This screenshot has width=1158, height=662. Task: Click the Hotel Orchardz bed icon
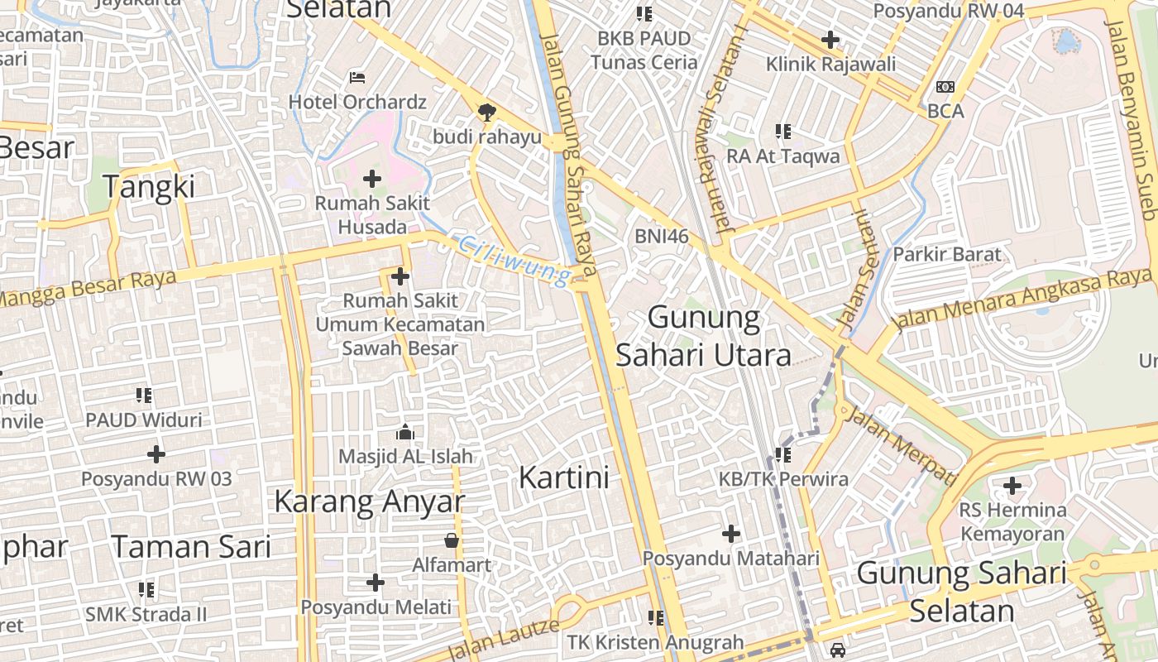357,78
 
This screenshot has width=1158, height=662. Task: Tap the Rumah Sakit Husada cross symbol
372,178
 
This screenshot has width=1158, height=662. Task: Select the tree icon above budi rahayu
486,112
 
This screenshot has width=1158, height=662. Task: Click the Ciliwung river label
514,259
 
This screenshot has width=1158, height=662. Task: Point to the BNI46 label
662,236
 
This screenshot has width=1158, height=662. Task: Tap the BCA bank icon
945,87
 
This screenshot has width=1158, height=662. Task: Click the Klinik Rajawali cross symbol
830,39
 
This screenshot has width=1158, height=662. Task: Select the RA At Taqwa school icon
783,131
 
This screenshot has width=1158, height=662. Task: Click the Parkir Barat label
947,254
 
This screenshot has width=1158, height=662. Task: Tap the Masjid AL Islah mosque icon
405,432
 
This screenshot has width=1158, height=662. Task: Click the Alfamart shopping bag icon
452,541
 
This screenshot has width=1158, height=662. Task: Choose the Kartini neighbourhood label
564,477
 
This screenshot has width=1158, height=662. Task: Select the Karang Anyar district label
369,501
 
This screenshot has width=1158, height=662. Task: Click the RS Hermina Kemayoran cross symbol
1012,486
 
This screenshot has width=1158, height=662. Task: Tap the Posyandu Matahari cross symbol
731,534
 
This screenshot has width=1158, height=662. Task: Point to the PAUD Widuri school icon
145,396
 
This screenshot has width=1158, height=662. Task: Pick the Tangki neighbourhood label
150,187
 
